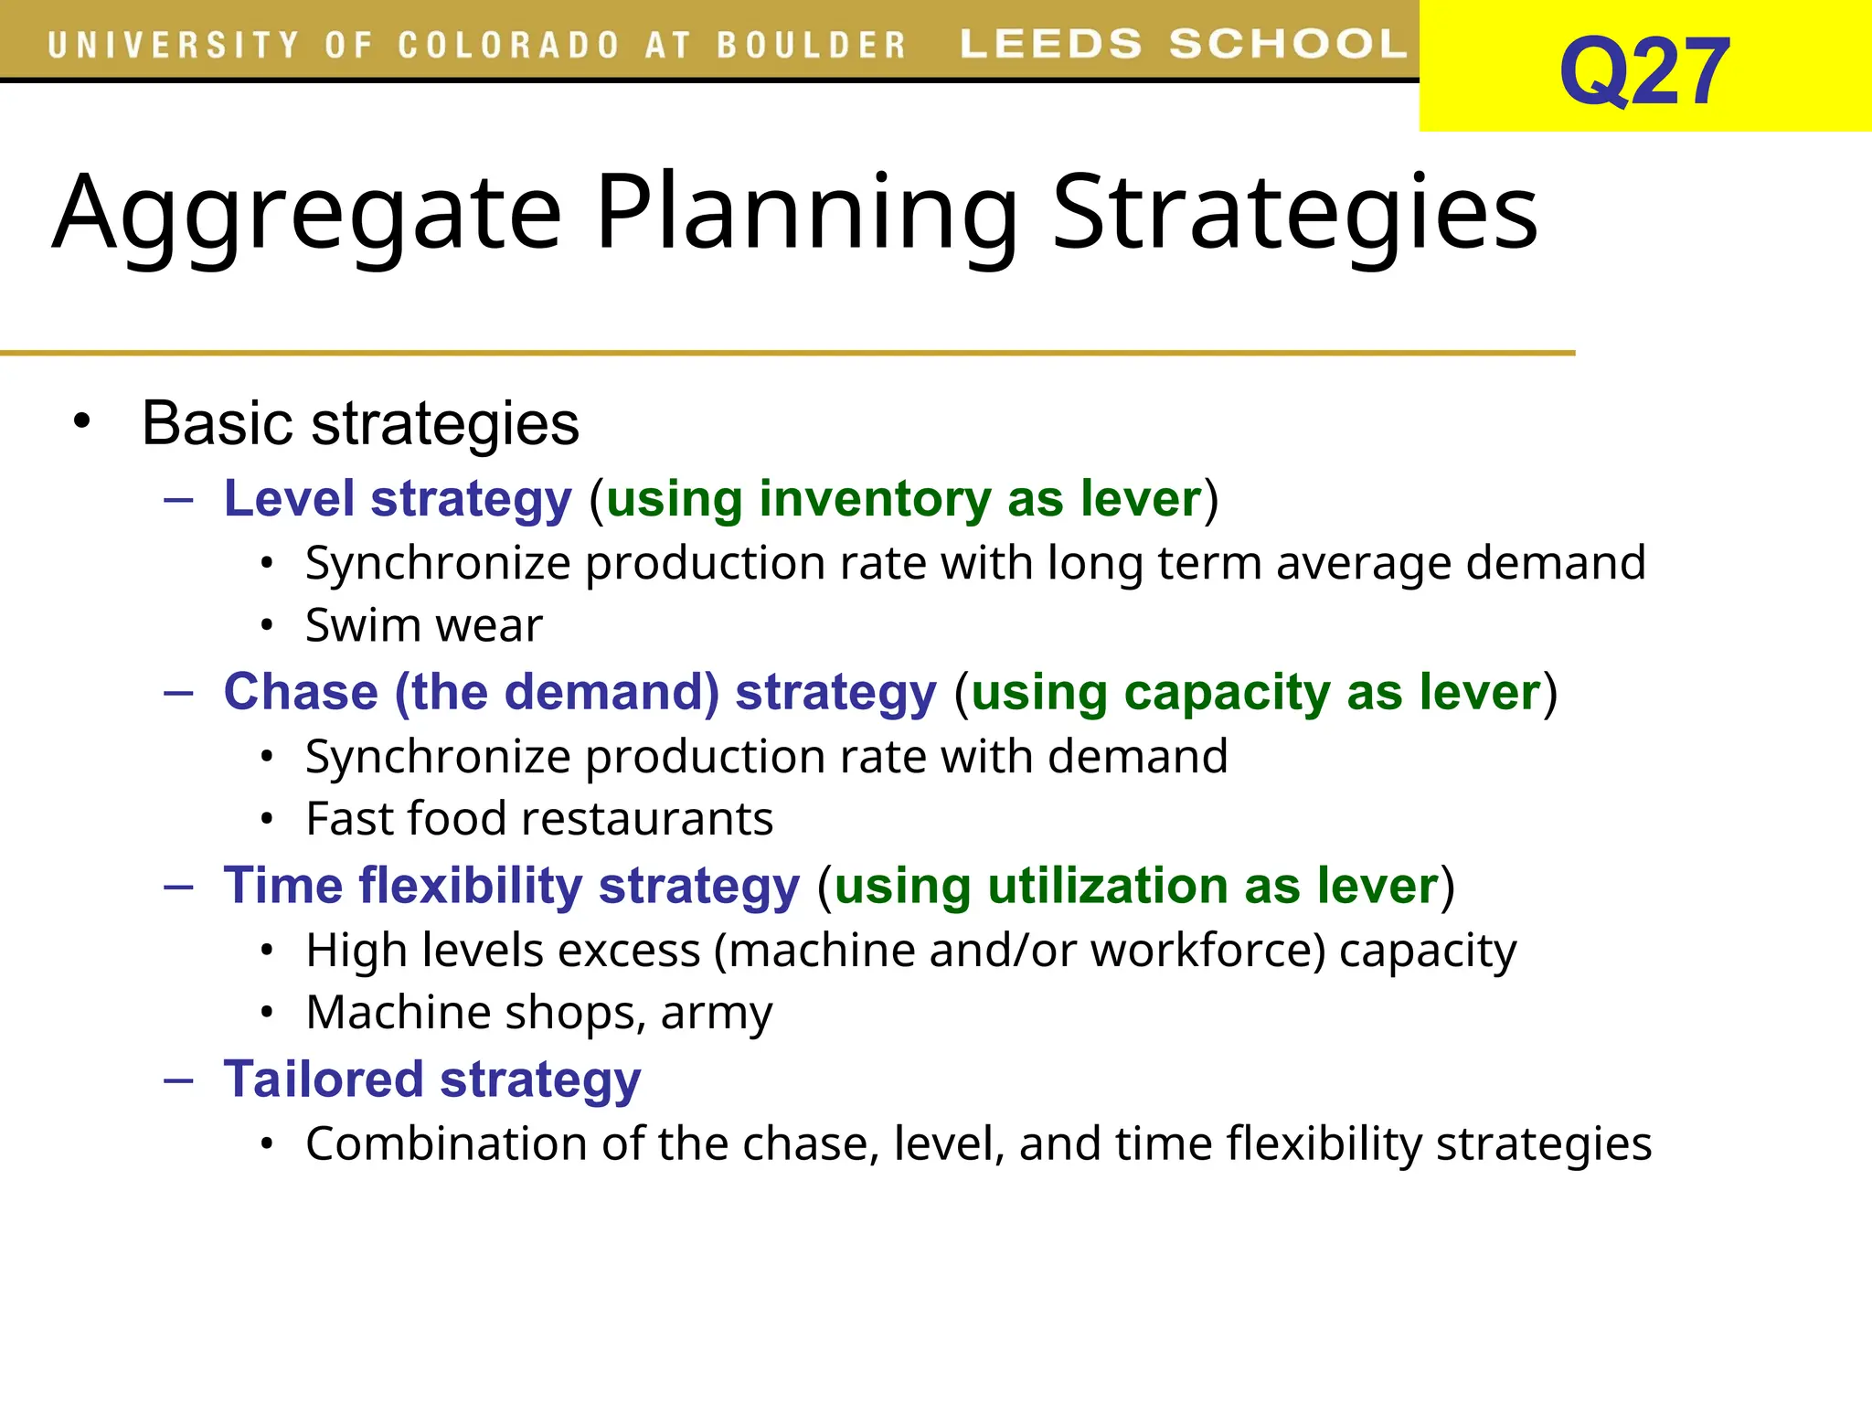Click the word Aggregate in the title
[306, 214]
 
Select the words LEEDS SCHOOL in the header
[1183, 44]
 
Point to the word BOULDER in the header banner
[811, 46]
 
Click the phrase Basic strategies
[360, 424]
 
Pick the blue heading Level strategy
[398, 499]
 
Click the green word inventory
[875, 499]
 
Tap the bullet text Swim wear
[423, 626]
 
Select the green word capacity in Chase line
[1227, 692]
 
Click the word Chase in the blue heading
[301, 692]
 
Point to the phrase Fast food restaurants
[539, 819]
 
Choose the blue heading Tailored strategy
[432, 1080]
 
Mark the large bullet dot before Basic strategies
[82, 421]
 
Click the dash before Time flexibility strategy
[179, 886]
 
